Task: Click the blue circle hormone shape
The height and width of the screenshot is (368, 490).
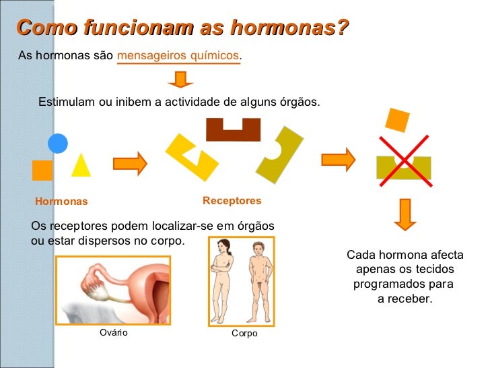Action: [x=58, y=143]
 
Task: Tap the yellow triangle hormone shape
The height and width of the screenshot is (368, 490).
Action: [x=81, y=166]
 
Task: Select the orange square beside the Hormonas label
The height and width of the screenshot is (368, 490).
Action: [x=42, y=171]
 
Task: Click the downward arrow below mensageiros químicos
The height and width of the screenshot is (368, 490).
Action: [x=180, y=80]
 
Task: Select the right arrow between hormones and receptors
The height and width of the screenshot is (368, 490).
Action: [x=130, y=162]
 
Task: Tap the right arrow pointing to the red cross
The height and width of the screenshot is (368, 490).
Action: [x=338, y=160]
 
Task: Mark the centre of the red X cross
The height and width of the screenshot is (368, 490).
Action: [x=403, y=159]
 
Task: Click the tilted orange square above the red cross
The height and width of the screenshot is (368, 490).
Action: [x=397, y=119]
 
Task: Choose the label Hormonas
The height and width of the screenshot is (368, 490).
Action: [x=61, y=202]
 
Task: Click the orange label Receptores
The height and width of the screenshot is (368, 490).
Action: [x=232, y=201]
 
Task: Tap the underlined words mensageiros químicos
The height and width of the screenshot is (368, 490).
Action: [x=178, y=55]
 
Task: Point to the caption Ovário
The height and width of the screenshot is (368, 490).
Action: [x=113, y=332]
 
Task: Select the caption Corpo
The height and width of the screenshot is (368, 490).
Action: [x=244, y=333]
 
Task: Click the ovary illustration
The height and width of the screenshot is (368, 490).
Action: [x=112, y=289]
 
